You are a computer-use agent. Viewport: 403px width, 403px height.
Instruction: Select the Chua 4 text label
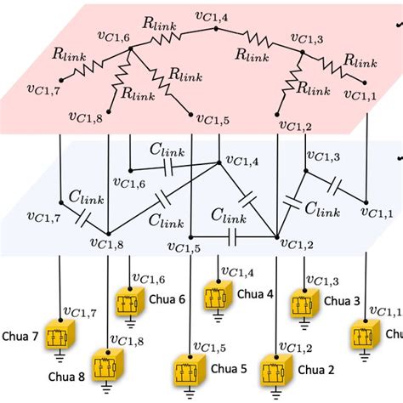point(256,294)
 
